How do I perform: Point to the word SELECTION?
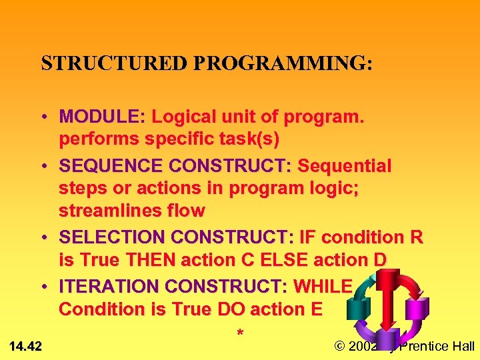coord(113,237)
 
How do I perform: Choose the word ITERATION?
coord(109,286)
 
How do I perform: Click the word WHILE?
coord(323,286)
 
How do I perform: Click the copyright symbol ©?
coord(339,345)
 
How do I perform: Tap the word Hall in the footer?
coord(463,345)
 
